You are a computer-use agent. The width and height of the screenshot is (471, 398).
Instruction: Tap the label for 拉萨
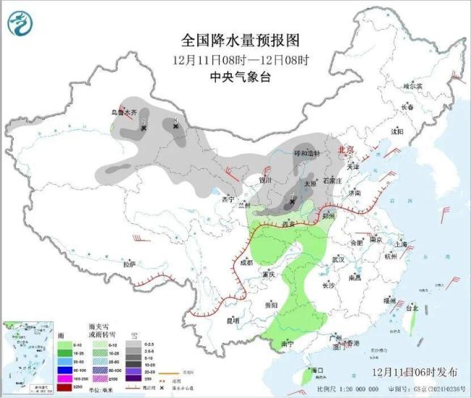click(129, 263)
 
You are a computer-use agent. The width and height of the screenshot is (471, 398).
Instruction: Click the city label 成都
click(245, 262)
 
